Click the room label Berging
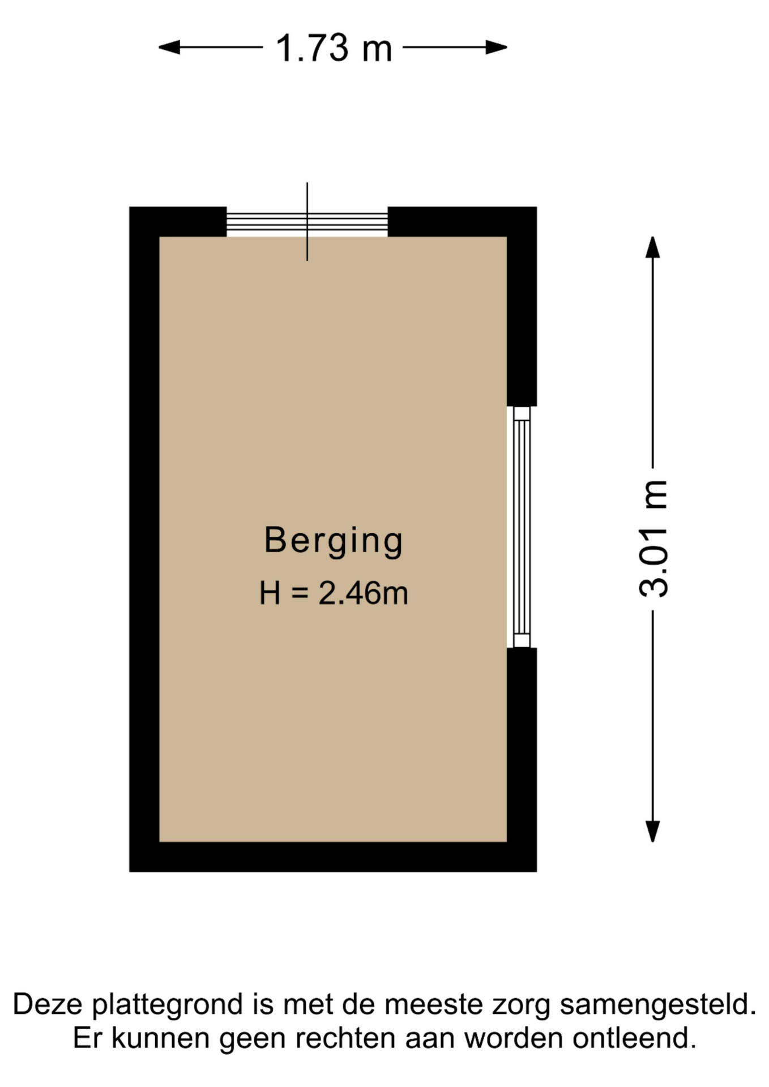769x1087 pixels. (x=334, y=541)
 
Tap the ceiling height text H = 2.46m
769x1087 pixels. (x=334, y=593)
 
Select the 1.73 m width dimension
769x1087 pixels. (x=333, y=48)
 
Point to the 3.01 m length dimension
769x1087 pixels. (x=653, y=539)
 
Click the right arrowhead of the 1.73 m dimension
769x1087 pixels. (x=497, y=48)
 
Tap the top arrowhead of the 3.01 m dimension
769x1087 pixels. (x=653, y=247)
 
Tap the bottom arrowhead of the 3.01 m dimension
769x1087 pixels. (x=653, y=832)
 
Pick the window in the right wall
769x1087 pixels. (x=521, y=527)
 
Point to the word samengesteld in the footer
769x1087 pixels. (x=658, y=1005)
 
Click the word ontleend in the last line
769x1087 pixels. (x=634, y=1038)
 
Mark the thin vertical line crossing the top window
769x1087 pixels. (x=307, y=221)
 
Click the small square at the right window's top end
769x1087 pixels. (x=522, y=413)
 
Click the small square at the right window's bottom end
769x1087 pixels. (x=522, y=640)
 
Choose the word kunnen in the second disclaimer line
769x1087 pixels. (x=161, y=1038)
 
